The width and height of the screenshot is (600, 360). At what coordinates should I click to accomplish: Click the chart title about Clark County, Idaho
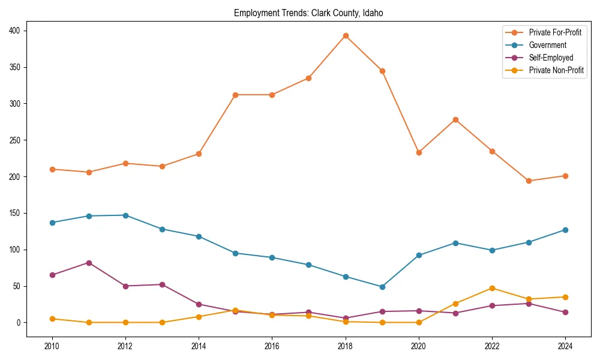(308, 13)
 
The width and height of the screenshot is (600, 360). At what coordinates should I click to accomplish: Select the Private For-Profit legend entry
(554, 32)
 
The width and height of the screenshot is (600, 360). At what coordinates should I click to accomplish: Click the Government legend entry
(547, 45)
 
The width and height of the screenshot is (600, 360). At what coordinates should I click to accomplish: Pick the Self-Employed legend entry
(551, 58)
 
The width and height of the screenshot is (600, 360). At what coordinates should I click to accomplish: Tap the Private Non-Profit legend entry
(556, 70)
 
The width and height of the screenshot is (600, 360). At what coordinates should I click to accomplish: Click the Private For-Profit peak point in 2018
(346, 35)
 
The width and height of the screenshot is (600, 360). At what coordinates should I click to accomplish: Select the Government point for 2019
(382, 287)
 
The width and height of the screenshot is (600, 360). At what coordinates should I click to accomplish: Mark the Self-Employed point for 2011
(89, 263)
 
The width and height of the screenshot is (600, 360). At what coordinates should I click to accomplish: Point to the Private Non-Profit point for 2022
(492, 288)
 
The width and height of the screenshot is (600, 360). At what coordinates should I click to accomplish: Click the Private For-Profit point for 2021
(455, 119)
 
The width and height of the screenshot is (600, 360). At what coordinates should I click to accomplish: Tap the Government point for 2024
(565, 230)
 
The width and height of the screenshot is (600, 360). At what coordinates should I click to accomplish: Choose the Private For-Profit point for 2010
(52, 169)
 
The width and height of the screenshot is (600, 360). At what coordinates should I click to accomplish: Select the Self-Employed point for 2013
(162, 284)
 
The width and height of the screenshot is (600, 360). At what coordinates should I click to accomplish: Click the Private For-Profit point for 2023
(529, 181)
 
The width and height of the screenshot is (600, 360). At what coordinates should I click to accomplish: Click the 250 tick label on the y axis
(17, 140)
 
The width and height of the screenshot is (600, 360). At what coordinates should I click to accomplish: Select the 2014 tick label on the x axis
(199, 346)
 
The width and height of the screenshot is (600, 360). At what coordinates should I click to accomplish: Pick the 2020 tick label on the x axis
(419, 346)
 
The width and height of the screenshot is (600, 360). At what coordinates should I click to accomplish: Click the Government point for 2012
(125, 215)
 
